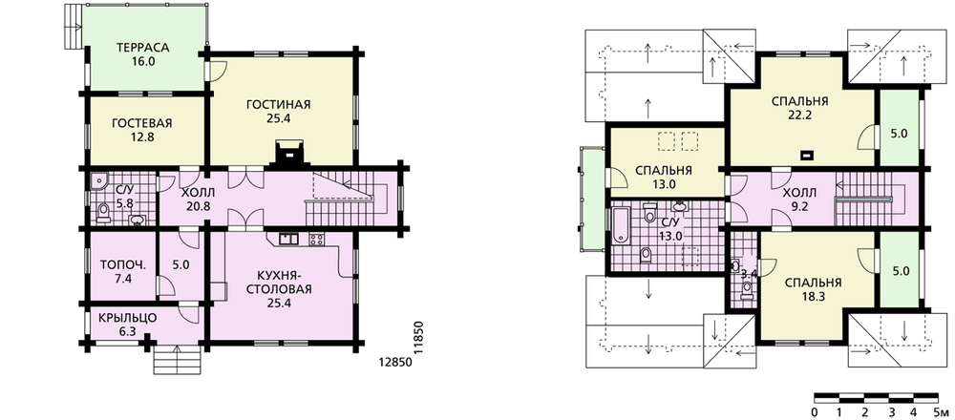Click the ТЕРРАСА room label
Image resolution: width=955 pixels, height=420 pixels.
pyautogui.click(x=143, y=48)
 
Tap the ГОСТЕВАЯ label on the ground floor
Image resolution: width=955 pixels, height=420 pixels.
pyautogui.click(x=142, y=123)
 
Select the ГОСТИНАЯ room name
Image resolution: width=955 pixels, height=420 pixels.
pyautogui.click(x=278, y=105)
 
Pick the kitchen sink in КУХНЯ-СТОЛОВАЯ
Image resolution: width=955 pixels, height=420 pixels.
pyautogui.click(x=287, y=239)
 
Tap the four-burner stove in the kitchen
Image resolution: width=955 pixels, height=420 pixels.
pyautogui.click(x=317, y=240)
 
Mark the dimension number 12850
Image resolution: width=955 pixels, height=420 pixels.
pyautogui.click(x=396, y=361)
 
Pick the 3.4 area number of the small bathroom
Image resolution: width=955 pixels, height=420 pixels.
pyautogui.click(x=749, y=274)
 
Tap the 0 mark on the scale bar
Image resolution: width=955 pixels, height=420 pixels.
pyautogui.click(x=815, y=413)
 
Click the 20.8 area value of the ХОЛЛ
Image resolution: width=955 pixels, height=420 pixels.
pyautogui.click(x=199, y=207)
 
